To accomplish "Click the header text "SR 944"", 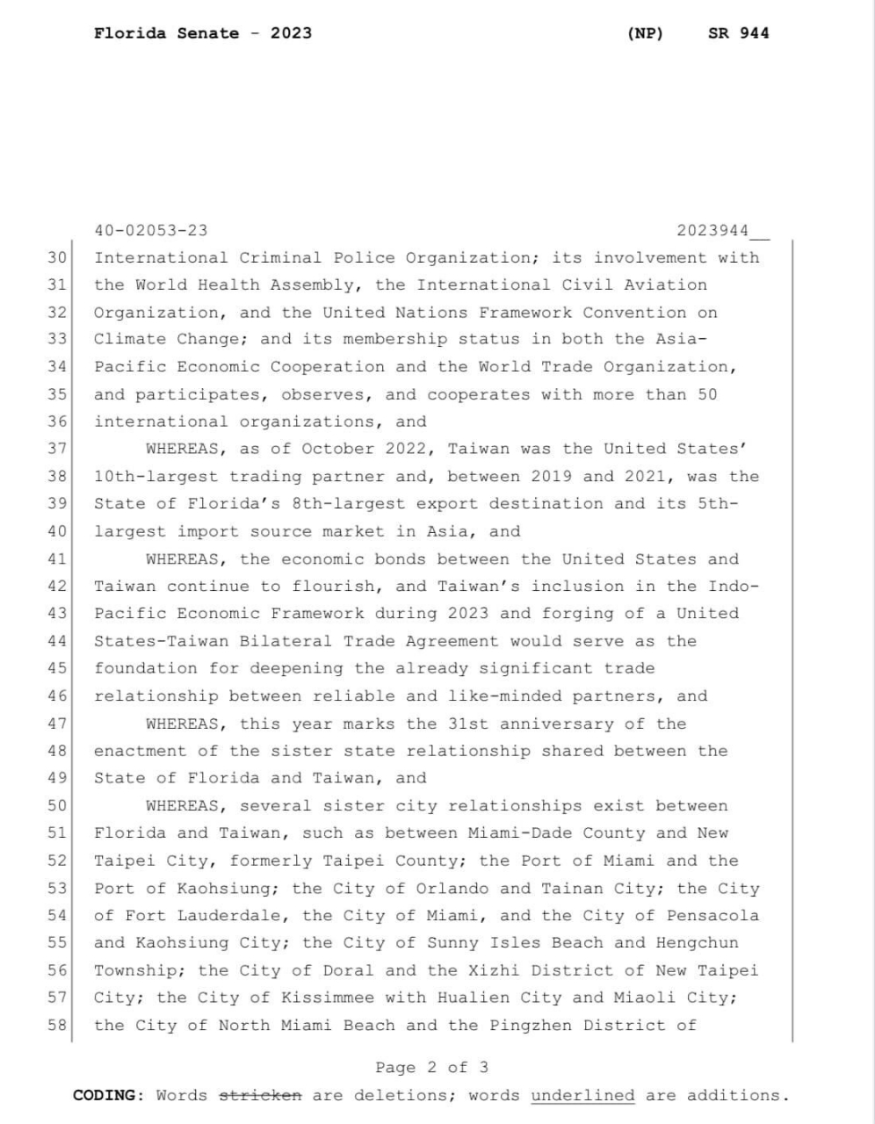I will pyautogui.click(x=738, y=33).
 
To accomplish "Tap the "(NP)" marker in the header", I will pyautogui.click(x=646, y=33).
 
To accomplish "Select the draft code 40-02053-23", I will pyautogui.click(x=151, y=231).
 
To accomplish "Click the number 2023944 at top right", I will pyautogui.click(x=712, y=231).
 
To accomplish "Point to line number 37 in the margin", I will pyautogui.click(x=58, y=449).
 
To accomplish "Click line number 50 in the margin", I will pyautogui.click(x=58, y=806).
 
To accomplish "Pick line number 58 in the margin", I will pyautogui.click(x=58, y=1026).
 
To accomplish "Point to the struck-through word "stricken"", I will pyautogui.click(x=260, y=1096).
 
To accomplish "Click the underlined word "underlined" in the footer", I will pyautogui.click(x=582, y=1096).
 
